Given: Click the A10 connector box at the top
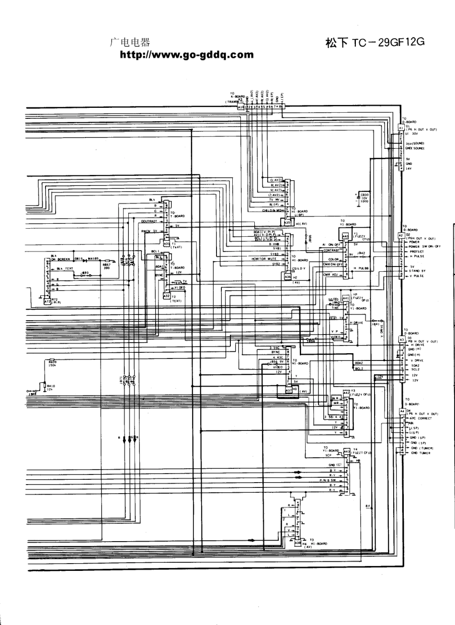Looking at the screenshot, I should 241,107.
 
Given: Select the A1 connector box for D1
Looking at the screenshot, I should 401,128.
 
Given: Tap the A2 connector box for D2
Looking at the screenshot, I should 401,235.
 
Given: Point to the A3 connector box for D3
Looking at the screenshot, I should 401,339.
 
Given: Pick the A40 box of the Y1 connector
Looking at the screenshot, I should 345,236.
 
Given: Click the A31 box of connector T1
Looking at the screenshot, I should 167,243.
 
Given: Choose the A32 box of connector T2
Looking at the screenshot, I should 167,296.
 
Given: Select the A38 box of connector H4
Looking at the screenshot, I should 297,543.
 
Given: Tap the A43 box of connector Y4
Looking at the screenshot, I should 347,451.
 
